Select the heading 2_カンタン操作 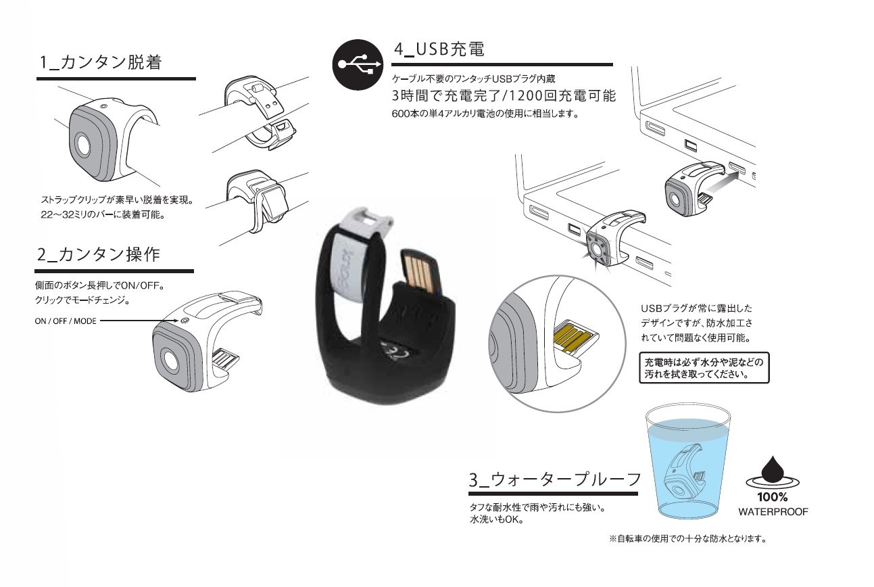click(x=99, y=255)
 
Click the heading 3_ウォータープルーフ click(x=554, y=480)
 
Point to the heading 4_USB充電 click(x=439, y=49)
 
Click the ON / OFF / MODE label click(x=66, y=321)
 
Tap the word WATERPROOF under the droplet click(x=773, y=512)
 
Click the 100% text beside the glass click(x=773, y=496)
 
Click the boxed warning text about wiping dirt click(x=704, y=368)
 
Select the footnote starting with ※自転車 click(x=690, y=539)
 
